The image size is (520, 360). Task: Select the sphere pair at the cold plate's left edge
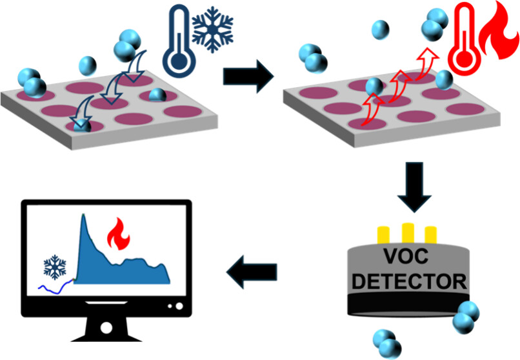tap(34, 85)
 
